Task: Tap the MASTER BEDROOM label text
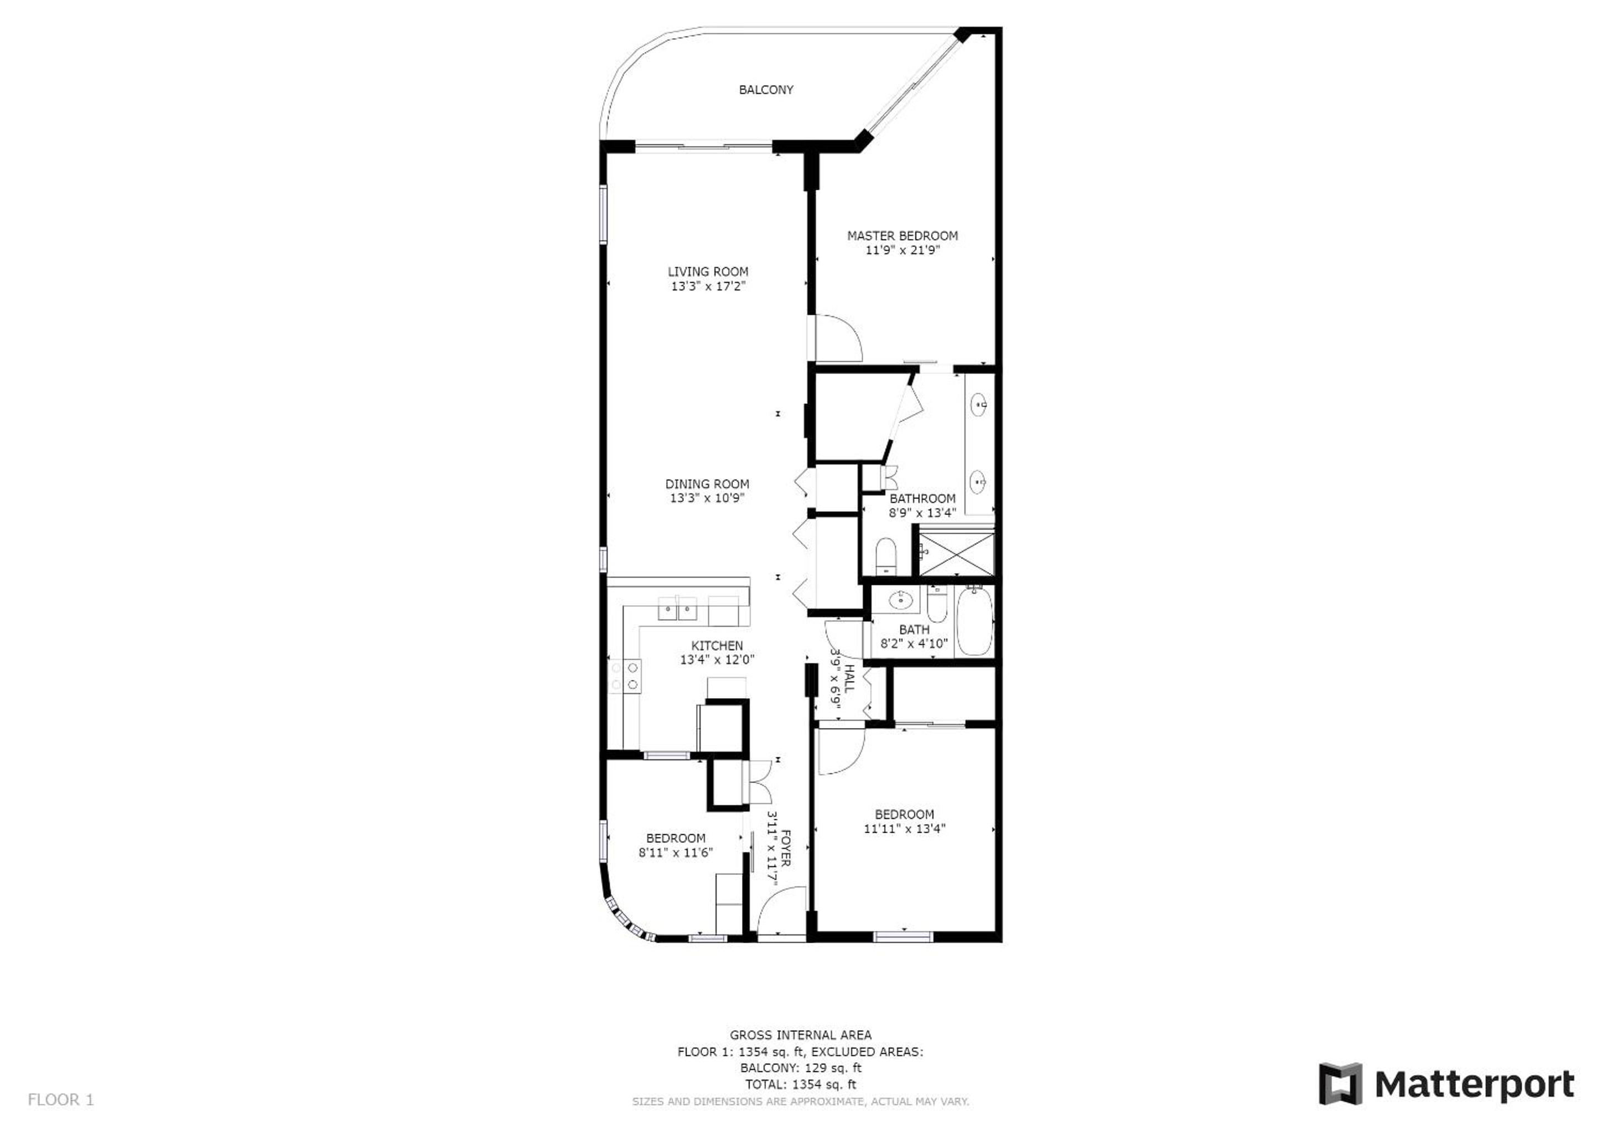pos(902,236)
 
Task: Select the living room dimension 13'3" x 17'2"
pos(708,286)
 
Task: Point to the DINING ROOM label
pos(707,484)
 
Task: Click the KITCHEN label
pos(717,646)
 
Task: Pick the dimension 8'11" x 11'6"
pos(676,852)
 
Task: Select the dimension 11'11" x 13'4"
pos(904,829)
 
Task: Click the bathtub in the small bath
pos(973,621)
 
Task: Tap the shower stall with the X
pos(956,554)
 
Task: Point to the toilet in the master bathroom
pos(885,555)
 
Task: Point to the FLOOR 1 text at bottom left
pos(61,1100)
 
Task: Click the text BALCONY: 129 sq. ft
pos(800,1068)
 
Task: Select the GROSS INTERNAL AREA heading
pos(800,1035)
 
